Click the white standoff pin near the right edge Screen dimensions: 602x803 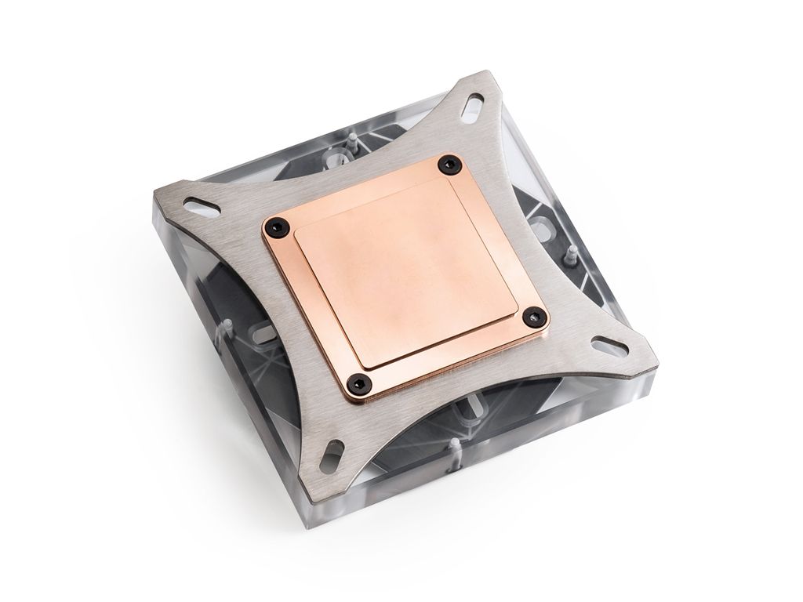coord(572,252)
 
